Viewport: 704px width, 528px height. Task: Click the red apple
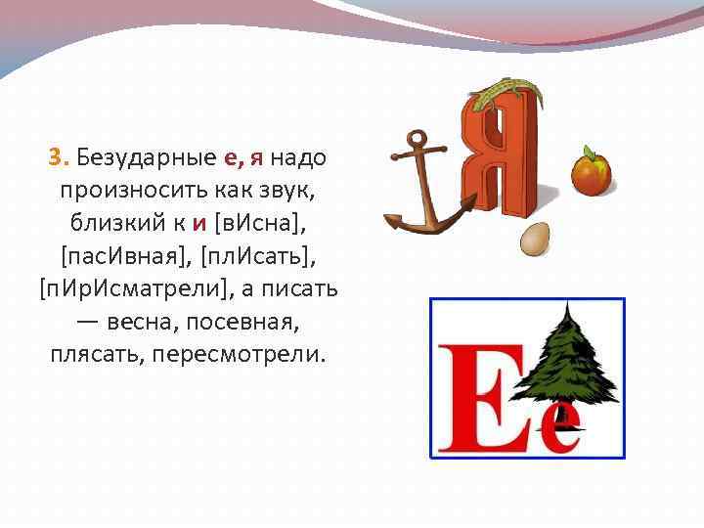pos(591,172)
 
